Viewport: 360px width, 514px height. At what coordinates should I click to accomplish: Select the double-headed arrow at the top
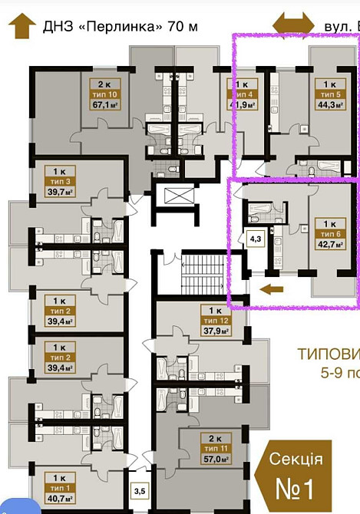click(296, 22)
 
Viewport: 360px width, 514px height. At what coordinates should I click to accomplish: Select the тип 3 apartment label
click(58, 181)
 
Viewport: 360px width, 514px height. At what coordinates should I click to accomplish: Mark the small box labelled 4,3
click(253, 238)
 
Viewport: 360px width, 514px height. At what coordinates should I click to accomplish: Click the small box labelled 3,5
click(140, 488)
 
